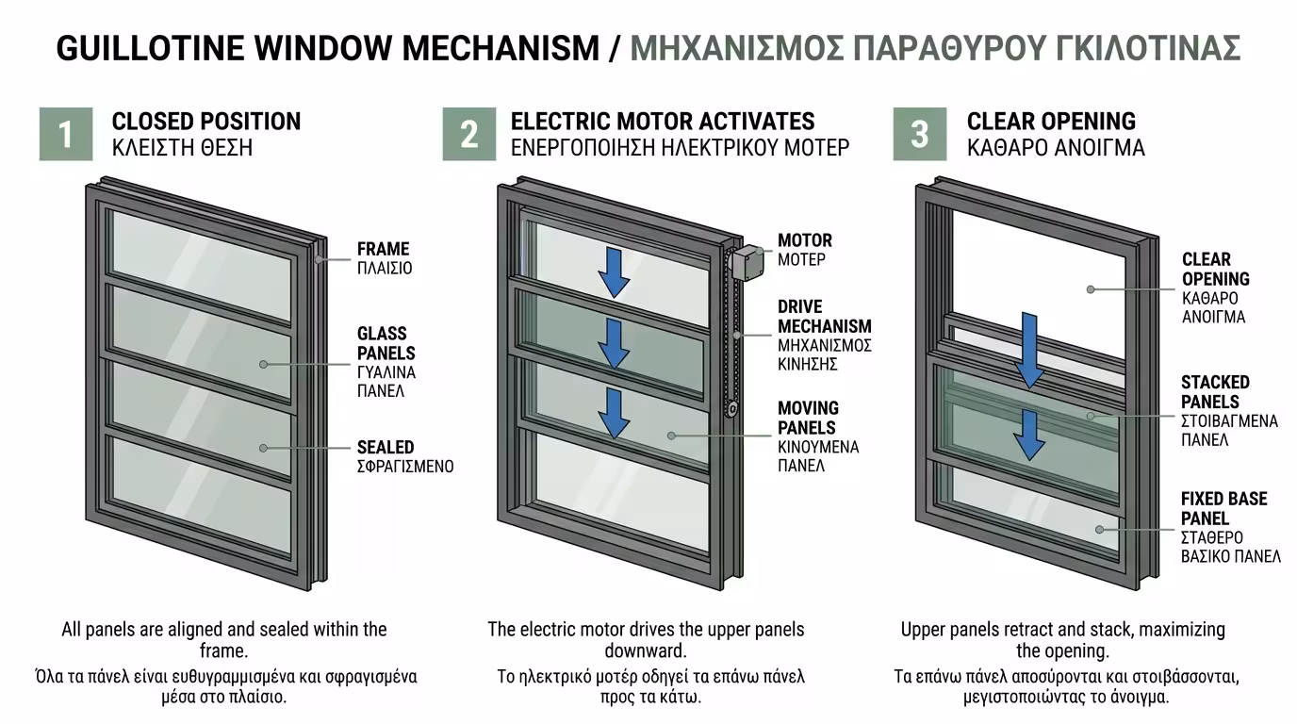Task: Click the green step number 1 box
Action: pyautogui.click(x=66, y=134)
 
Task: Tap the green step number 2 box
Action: pyautogui.click(x=468, y=134)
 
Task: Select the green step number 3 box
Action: pyautogui.click(x=919, y=134)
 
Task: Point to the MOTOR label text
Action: pyautogui.click(x=804, y=241)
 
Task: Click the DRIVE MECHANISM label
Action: pyautogui.click(x=824, y=317)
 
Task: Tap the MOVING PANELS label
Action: pyautogui.click(x=808, y=418)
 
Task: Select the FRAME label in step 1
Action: pyautogui.click(x=383, y=250)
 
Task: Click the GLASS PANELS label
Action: pyautogui.click(x=386, y=343)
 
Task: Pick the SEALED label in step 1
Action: pyautogui.click(x=386, y=448)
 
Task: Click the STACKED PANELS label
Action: pyautogui.click(x=1215, y=392)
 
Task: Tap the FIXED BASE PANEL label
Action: pyautogui.click(x=1223, y=508)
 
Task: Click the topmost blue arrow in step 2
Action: pyautogui.click(x=615, y=271)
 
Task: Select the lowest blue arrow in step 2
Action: pyautogui.click(x=615, y=413)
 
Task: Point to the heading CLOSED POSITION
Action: pyautogui.click(x=206, y=122)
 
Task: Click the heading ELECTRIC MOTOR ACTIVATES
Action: pyautogui.click(x=663, y=122)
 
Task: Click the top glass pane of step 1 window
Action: pyautogui.click(x=201, y=253)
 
